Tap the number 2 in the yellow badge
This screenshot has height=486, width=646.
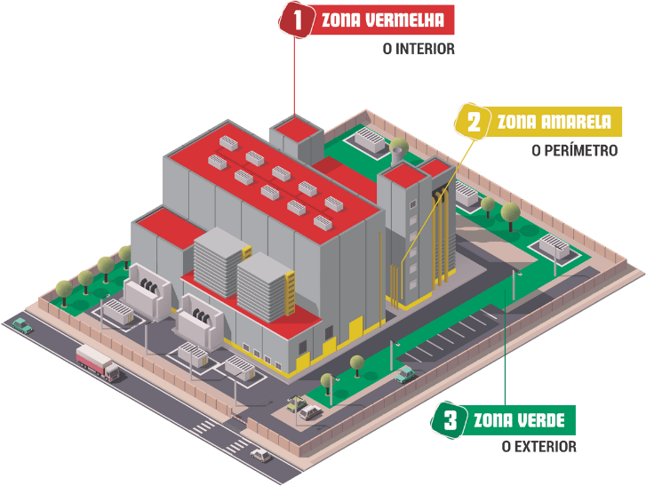pyautogui.click(x=474, y=122)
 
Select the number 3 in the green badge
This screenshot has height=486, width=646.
pyautogui.click(x=450, y=419)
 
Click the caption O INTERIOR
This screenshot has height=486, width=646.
pyautogui.click(x=418, y=49)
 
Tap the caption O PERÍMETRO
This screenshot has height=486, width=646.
pyautogui.click(x=574, y=150)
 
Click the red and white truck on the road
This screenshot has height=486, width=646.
pyautogui.click(x=98, y=361)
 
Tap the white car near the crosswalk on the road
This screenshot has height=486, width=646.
pyautogui.click(x=260, y=454)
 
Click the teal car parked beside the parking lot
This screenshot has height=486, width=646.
pyautogui.click(x=406, y=375)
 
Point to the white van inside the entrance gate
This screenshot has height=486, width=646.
pyautogui.click(x=311, y=411)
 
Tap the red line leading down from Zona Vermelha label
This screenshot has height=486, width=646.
pyautogui.click(x=294, y=80)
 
